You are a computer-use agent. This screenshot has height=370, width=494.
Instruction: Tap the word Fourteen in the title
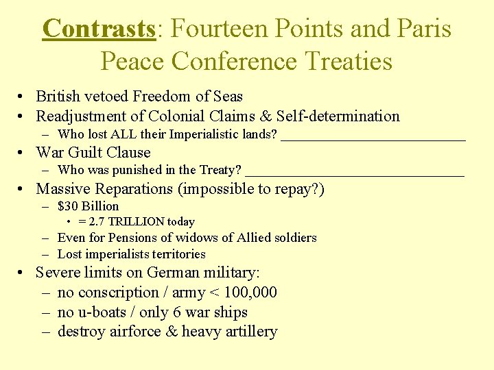(x=217, y=29)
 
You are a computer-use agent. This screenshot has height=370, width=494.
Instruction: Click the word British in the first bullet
(x=58, y=97)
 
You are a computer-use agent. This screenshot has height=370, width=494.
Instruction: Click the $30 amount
(x=67, y=206)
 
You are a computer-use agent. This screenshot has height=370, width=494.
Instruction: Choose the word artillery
(x=248, y=332)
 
